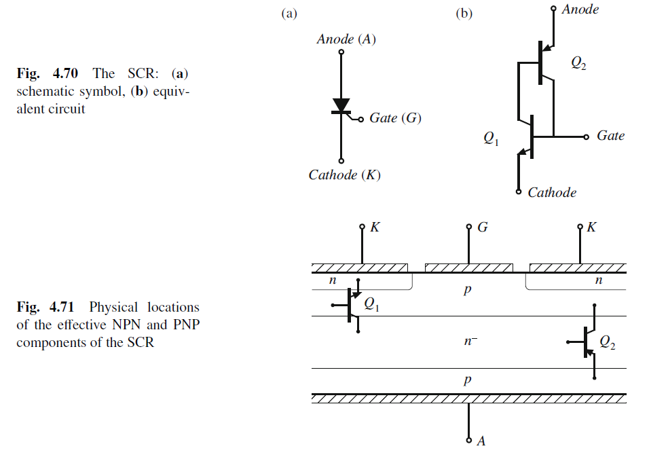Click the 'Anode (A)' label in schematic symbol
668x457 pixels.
coord(346,39)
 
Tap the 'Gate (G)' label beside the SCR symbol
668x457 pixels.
coord(395,118)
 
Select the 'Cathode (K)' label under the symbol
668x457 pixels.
coord(344,175)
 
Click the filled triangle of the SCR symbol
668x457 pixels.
coord(341,105)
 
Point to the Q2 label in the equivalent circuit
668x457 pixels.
coord(578,64)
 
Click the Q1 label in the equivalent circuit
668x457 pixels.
coord(491,139)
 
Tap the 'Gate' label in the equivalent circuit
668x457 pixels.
coord(610,136)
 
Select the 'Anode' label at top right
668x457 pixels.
coord(580,10)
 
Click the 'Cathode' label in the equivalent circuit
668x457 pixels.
coord(552,193)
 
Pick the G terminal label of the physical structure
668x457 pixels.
coord(483,227)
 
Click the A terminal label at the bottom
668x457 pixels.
coord(481,441)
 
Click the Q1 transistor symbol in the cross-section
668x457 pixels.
coord(351,306)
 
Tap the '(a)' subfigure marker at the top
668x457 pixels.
coord(289,14)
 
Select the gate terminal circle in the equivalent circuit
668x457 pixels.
coord(587,136)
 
